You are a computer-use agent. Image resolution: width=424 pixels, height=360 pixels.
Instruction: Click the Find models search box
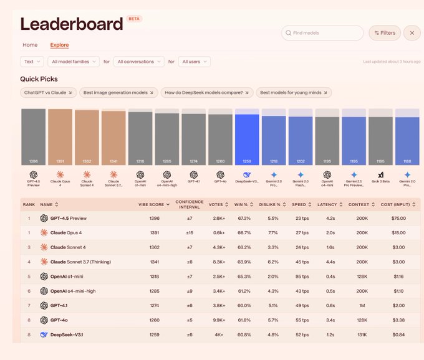(322, 33)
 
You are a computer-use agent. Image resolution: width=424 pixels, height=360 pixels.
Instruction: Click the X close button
(412, 33)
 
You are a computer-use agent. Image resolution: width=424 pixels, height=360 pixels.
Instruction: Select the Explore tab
(60, 45)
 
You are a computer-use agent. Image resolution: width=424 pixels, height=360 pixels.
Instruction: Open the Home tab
(30, 45)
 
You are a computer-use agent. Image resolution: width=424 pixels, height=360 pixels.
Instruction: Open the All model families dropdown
(74, 62)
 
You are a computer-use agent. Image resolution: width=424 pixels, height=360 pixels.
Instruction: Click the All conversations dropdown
(139, 62)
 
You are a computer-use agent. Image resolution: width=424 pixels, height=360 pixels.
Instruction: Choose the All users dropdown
(194, 62)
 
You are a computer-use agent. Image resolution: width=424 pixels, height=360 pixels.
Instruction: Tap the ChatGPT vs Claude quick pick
(48, 93)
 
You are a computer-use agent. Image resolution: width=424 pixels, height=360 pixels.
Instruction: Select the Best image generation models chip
(118, 93)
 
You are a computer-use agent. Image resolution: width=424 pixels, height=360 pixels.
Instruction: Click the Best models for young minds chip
(293, 93)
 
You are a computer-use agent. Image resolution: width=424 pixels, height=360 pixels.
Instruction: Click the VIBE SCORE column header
(152, 204)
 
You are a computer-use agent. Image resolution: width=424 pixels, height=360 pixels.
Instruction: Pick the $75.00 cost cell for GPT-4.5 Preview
(398, 218)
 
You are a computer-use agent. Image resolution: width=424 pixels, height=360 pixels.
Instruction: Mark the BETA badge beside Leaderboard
(133, 19)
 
